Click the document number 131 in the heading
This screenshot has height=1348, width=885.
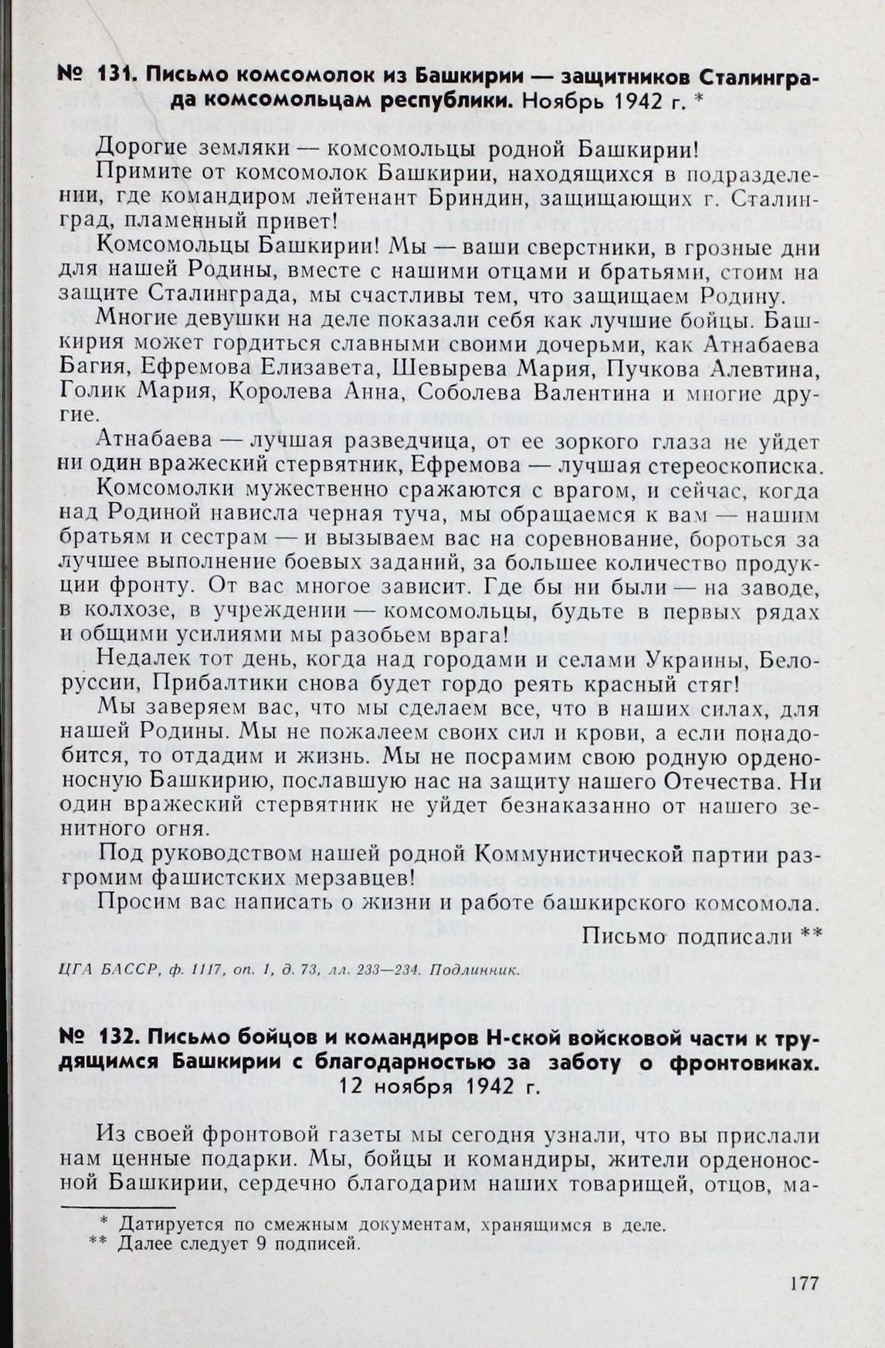[114, 76]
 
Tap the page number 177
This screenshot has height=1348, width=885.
[804, 1284]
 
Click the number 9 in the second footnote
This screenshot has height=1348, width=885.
[250, 1243]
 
